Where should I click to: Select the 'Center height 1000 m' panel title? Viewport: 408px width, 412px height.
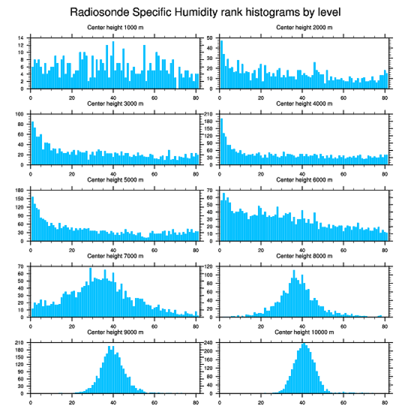[115, 27]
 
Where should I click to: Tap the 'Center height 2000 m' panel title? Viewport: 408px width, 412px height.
[304, 27]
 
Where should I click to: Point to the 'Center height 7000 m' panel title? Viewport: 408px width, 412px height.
[115, 256]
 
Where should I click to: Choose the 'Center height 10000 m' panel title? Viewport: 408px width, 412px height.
[304, 332]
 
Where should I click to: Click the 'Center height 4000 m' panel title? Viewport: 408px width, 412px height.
[304, 103]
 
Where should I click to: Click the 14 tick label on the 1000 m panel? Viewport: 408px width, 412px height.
[20, 38]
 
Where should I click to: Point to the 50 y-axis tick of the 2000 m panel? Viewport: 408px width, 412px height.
[210, 38]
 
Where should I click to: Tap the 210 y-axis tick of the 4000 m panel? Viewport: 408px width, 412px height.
[209, 114]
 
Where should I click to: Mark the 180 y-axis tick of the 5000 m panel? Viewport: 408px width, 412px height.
[19, 190]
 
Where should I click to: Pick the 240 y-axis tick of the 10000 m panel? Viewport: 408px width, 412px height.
[209, 343]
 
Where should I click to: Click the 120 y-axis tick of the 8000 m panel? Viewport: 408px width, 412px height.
[209, 267]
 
